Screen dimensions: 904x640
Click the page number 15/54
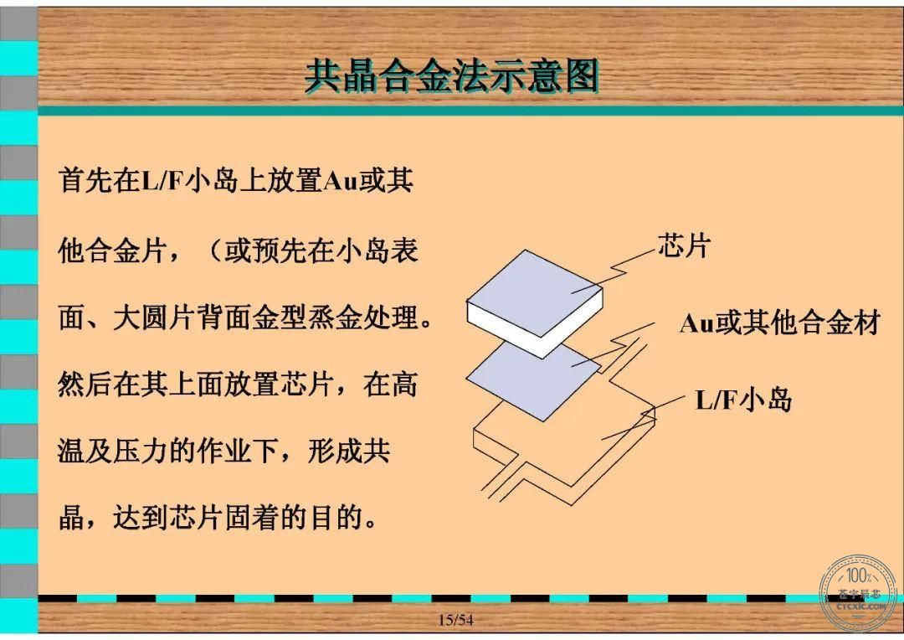click(455, 620)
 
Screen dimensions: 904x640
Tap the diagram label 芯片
click(684, 245)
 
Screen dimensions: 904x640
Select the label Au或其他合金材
click(780, 322)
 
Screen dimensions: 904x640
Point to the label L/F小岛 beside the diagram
click(744, 400)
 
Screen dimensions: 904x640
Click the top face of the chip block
click(534, 287)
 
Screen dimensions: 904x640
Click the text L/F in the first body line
click(162, 180)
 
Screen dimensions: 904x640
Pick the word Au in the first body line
click(340, 181)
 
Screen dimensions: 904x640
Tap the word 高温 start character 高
click(403, 385)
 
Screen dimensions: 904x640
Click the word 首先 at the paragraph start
click(85, 180)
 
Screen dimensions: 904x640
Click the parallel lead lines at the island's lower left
click(501, 480)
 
